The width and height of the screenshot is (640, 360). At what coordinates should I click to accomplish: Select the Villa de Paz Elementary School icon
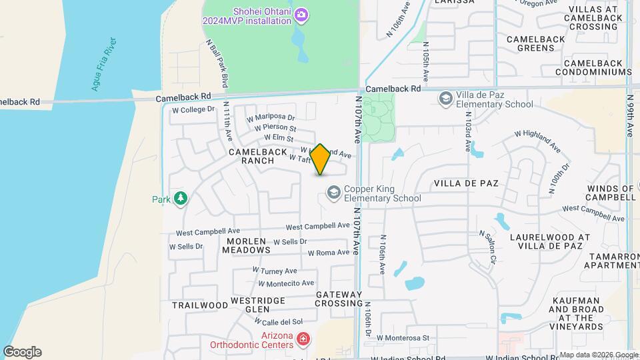click(x=445, y=99)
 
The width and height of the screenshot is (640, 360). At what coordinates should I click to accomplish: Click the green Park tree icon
click(x=180, y=198)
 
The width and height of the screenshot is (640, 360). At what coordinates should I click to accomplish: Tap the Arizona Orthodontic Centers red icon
click(x=303, y=339)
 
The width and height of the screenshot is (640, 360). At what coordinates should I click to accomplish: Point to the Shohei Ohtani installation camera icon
click(x=301, y=14)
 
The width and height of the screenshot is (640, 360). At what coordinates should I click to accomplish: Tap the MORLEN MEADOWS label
click(x=249, y=245)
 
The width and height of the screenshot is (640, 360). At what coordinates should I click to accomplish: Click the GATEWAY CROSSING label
click(x=339, y=299)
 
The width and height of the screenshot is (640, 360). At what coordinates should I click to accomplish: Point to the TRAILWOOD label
click(x=200, y=305)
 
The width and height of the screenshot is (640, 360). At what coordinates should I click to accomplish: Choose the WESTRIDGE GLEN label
click(x=258, y=305)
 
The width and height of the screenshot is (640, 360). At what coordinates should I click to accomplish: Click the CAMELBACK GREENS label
click(x=535, y=43)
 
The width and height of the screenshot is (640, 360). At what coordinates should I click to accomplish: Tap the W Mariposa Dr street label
click(x=270, y=117)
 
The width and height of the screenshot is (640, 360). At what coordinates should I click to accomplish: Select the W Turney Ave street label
click(x=275, y=271)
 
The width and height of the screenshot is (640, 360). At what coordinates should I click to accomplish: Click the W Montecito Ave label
click(x=284, y=283)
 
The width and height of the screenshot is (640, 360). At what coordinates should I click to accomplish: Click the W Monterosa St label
click(x=403, y=338)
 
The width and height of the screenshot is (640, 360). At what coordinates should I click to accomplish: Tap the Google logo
click(x=22, y=352)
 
